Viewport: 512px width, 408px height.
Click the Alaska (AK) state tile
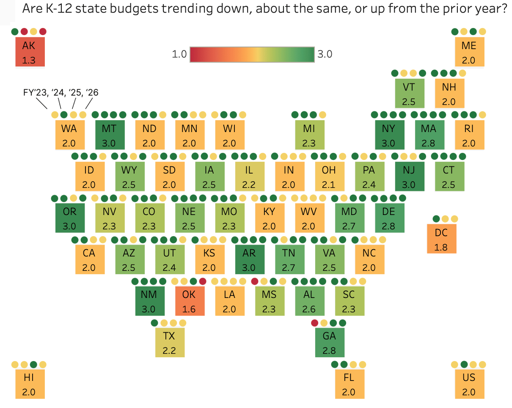pyautogui.click(x=30, y=52)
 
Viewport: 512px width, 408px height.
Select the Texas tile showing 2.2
pyautogui.click(x=170, y=343)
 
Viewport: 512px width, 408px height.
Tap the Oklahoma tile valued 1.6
pyautogui.click(x=190, y=301)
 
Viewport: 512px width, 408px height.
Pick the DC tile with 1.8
pyautogui.click(x=441, y=239)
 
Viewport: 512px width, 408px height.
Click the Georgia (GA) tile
pyautogui.click(x=330, y=343)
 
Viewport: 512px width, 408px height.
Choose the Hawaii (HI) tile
pyautogui.click(x=30, y=384)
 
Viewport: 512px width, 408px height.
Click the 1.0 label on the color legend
pyautogui.click(x=179, y=54)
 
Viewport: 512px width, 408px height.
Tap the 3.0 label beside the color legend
pyautogui.click(x=325, y=54)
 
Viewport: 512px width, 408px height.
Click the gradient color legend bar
pyautogui.click(x=252, y=54)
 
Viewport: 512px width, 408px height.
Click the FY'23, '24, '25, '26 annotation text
pyautogui.click(x=61, y=92)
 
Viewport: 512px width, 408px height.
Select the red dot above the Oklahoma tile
pyautogui.click(x=203, y=281)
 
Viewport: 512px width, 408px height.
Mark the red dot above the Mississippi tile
pyautogui.click(x=255, y=281)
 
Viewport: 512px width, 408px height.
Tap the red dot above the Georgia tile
pyautogui.click(x=314, y=323)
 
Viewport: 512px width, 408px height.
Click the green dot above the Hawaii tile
pyautogui.click(x=33, y=364)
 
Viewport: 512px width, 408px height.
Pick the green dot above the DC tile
pyautogui.click(x=436, y=219)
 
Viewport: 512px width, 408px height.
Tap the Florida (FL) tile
pyautogui.click(x=349, y=384)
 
